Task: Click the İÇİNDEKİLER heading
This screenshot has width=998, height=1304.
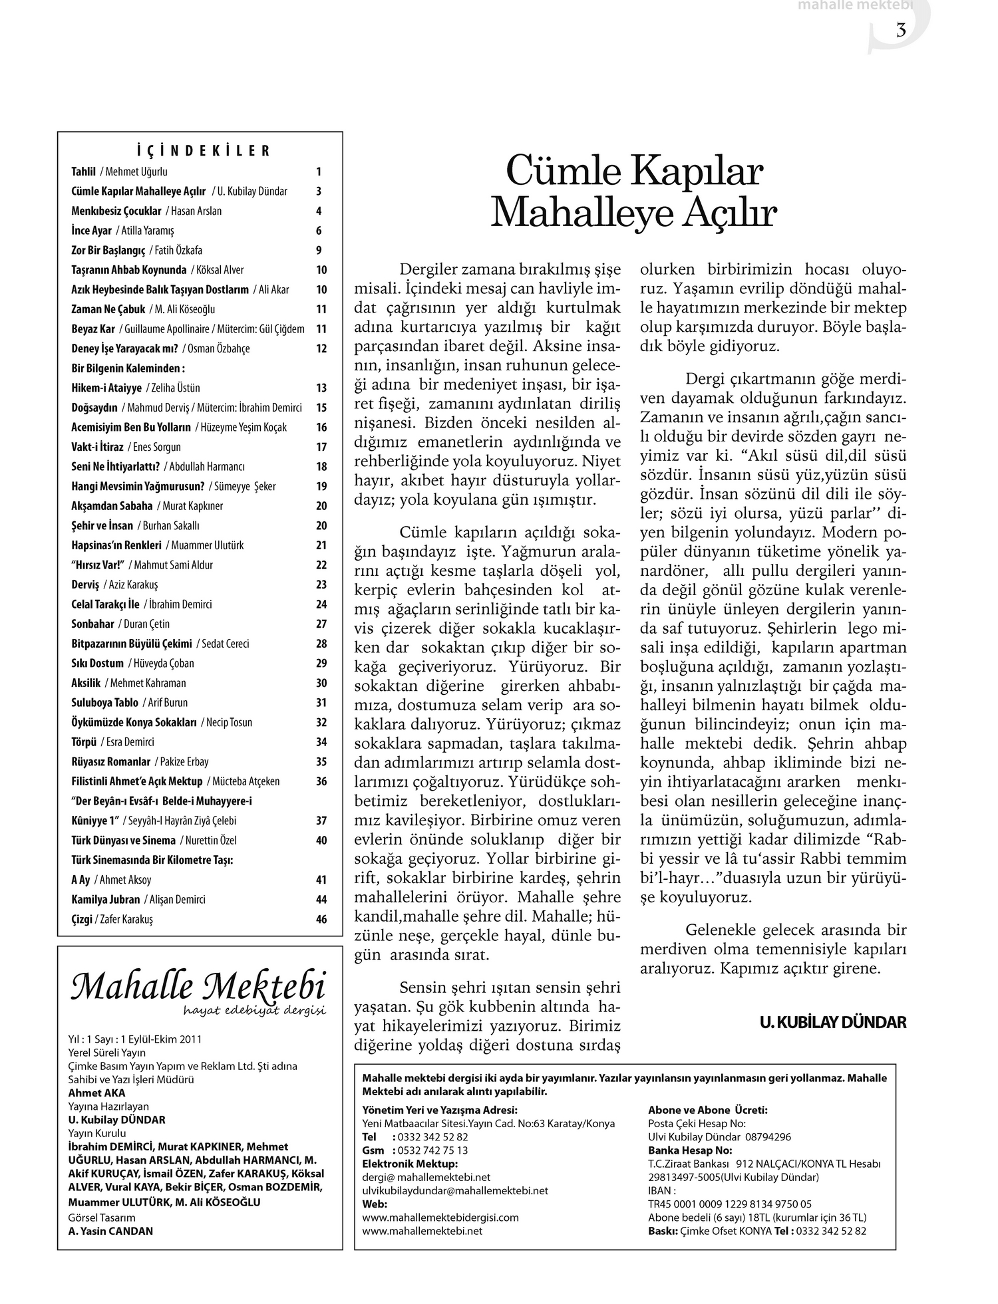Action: tap(200, 151)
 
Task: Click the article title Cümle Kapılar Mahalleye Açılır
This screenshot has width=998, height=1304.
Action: tap(633, 192)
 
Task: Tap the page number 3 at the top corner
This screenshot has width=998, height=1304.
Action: tap(901, 31)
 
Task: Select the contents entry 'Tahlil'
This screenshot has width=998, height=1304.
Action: tap(84, 172)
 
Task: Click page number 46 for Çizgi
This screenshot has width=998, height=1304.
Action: tap(321, 920)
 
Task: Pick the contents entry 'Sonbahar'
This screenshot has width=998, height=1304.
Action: tap(92, 624)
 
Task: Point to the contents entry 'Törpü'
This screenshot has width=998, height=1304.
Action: tap(84, 742)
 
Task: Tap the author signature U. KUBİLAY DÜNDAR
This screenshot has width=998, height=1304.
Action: tap(832, 1022)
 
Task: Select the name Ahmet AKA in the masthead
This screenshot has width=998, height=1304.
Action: tap(96, 1093)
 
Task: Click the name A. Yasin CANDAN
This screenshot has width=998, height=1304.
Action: tap(110, 1231)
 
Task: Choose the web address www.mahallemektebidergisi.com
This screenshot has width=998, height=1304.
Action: tap(440, 1218)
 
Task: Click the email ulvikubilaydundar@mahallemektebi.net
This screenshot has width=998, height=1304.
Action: tap(455, 1190)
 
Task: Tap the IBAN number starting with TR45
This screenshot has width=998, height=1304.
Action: tap(729, 1204)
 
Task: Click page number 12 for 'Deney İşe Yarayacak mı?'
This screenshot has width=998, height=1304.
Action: tap(321, 348)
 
